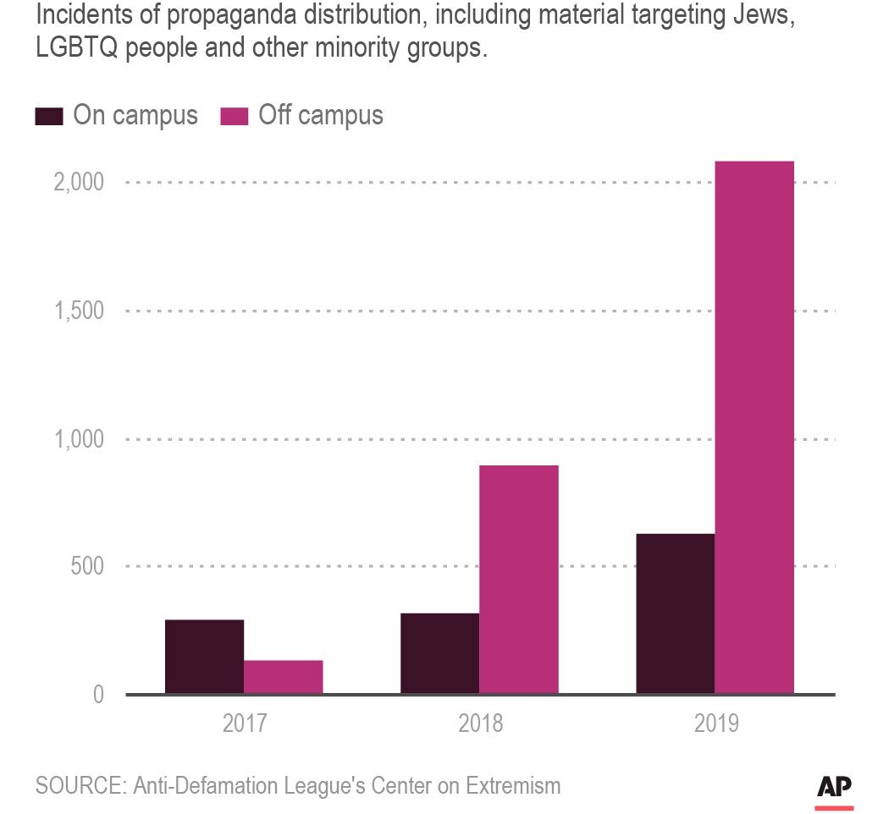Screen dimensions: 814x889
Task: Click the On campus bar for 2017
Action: tap(204, 657)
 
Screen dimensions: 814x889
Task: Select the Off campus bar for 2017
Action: tap(283, 677)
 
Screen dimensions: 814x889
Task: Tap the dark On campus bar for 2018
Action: tap(439, 653)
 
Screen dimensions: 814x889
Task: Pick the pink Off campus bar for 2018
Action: tap(518, 580)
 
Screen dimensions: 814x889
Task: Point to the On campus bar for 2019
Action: tap(675, 613)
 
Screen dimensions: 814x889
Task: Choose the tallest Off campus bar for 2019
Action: tap(754, 427)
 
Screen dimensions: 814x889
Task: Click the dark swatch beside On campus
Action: tap(48, 116)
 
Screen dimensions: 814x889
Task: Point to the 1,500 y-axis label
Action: tap(79, 311)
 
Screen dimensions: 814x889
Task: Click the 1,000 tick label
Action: tap(79, 439)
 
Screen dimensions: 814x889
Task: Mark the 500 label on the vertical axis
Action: tap(87, 566)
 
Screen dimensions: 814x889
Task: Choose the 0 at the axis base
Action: tap(98, 695)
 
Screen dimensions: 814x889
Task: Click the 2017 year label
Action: tap(245, 724)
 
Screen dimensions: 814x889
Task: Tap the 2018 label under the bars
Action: tap(480, 724)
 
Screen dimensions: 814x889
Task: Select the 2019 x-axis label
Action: tap(715, 724)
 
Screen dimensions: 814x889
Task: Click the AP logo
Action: tap(834, 786)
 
